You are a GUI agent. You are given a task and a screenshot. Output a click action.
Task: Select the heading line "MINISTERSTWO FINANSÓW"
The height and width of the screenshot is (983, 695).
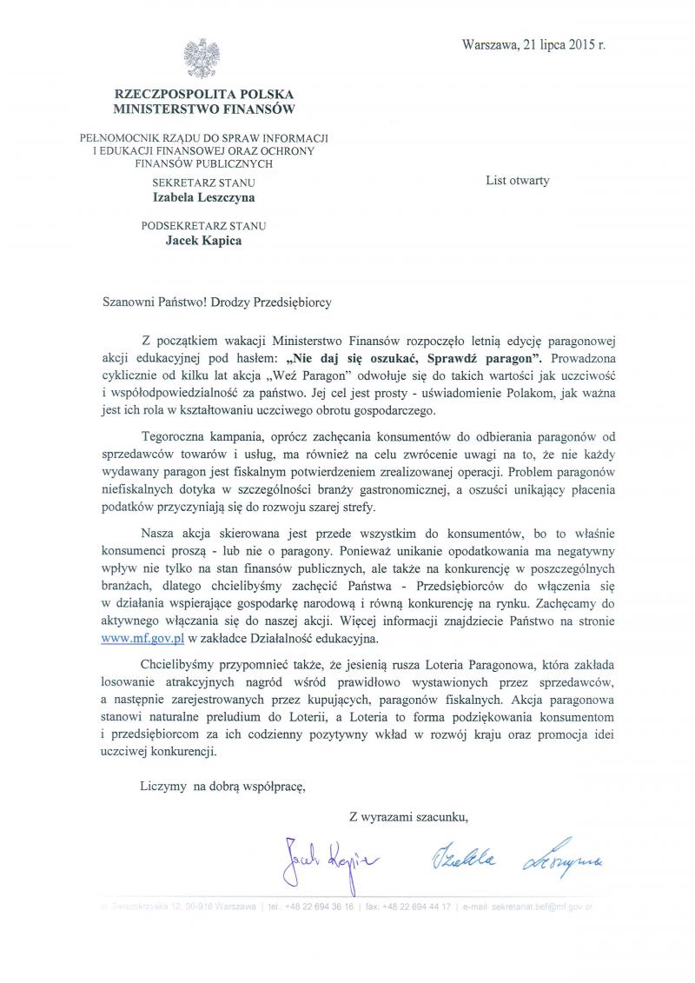tap(204, 110)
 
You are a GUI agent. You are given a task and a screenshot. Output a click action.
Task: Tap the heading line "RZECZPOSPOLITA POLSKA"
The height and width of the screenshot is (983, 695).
tap(204, 94)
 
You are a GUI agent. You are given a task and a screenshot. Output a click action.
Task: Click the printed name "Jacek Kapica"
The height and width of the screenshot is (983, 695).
tap(204, 241)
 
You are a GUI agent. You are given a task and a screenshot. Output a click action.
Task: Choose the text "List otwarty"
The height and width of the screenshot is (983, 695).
tap(518, 181)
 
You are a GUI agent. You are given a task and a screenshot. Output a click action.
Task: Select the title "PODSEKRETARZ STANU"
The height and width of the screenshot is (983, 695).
tap(204, 226)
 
